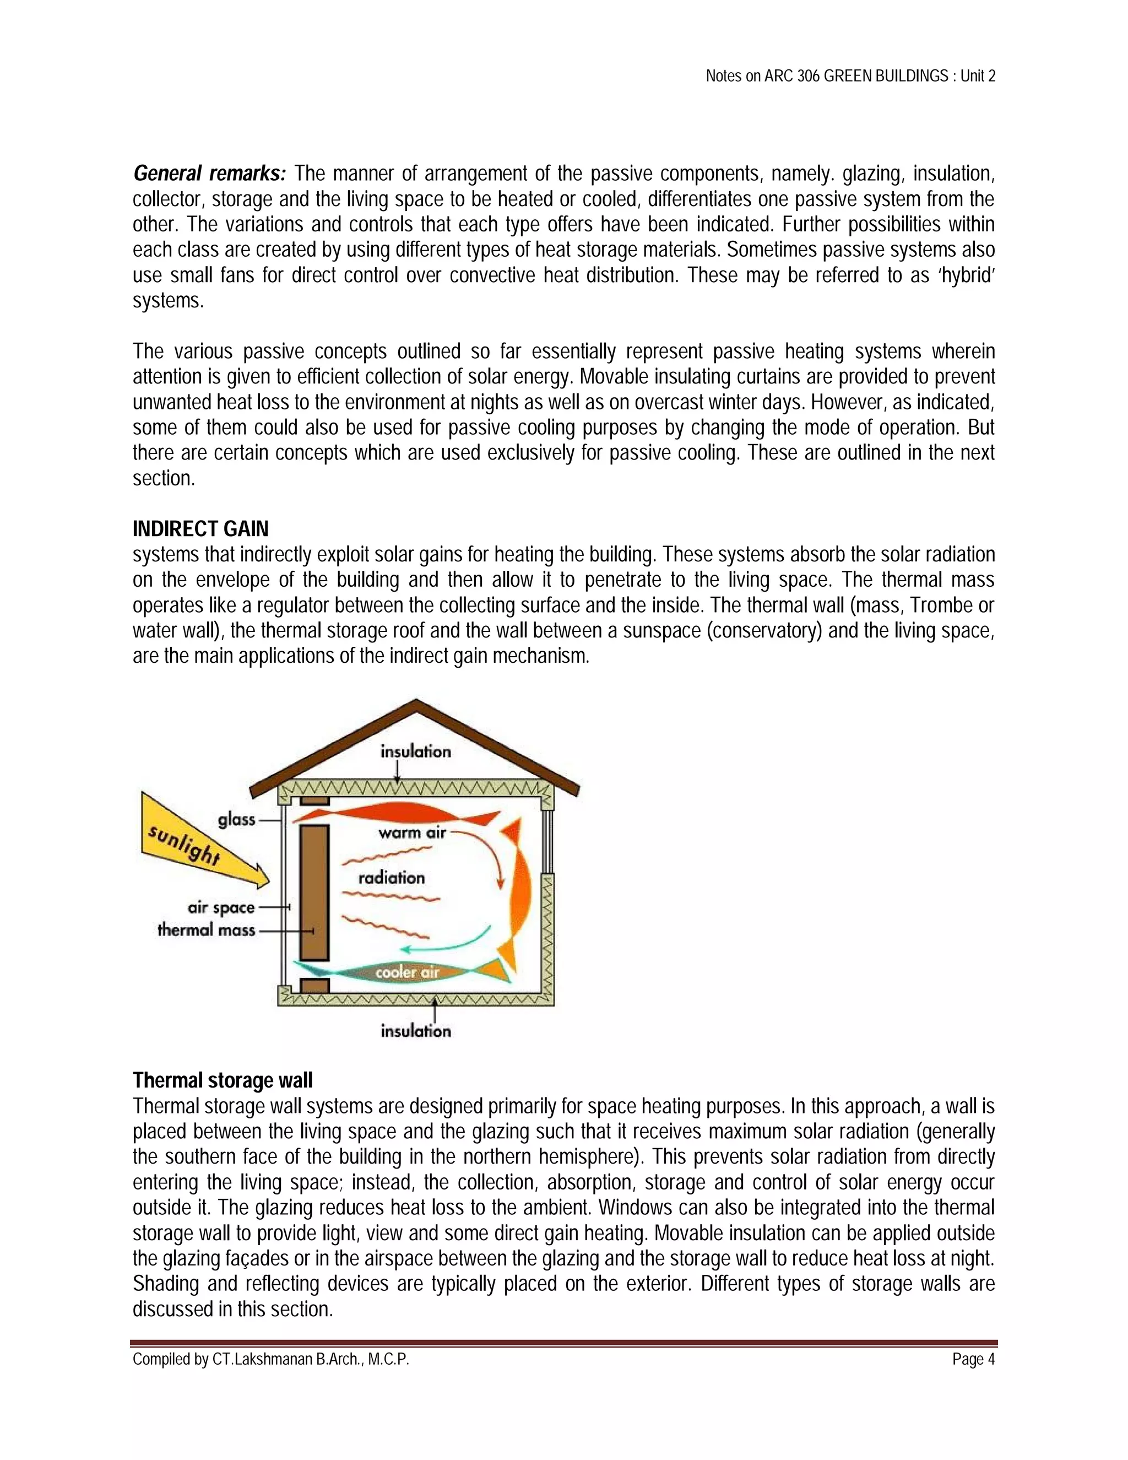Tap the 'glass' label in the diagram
(x=236, y=820)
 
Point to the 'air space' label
(x=221, y=908)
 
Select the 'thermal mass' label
(x=207, y=930)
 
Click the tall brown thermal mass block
(x=314, y=893)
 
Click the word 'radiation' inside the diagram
(x=392, y=878)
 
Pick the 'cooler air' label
(x=407, y=972)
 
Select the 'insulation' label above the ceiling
(x=416, y=752)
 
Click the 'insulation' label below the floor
(x=416, y=1031)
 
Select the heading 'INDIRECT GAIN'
(x=200, y=529)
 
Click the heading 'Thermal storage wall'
(x=223, y=1081)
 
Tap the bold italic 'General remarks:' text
(x=210, y=174)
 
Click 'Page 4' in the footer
(x=974, y=1359)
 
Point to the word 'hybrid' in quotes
(x=965, y=275)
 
